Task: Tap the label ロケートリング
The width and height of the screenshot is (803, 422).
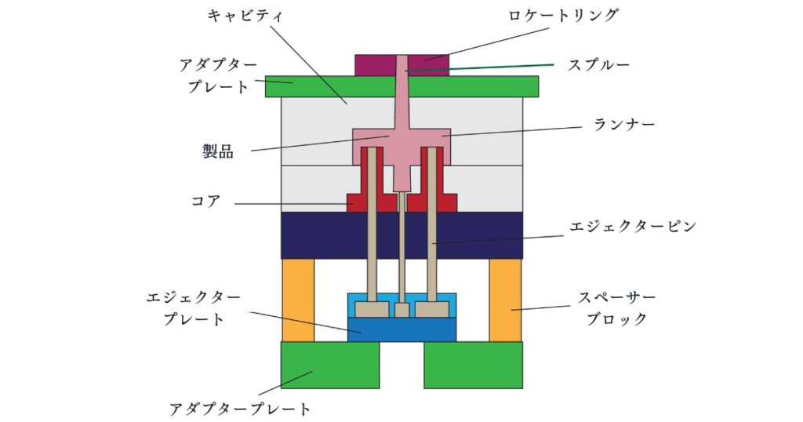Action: coord(576,15)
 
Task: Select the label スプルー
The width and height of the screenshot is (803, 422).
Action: coord(598,64)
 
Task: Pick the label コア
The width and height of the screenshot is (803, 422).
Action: coord(206,202)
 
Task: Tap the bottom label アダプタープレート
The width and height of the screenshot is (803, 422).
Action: coord(241,409)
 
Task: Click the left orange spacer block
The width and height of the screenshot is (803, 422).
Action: coord(298,300)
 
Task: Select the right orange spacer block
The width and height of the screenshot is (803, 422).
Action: coord(506,300)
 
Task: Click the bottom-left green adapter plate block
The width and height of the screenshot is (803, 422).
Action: coord(329,365)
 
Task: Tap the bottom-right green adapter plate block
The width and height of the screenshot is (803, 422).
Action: coord(473,365)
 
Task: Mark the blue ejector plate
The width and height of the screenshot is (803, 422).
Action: coord(401,329)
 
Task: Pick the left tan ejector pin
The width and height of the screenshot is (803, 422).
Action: coord(372,235)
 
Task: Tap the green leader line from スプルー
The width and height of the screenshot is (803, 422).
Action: coord(486,67)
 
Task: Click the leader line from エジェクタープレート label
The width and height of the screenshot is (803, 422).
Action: coord(306,322)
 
